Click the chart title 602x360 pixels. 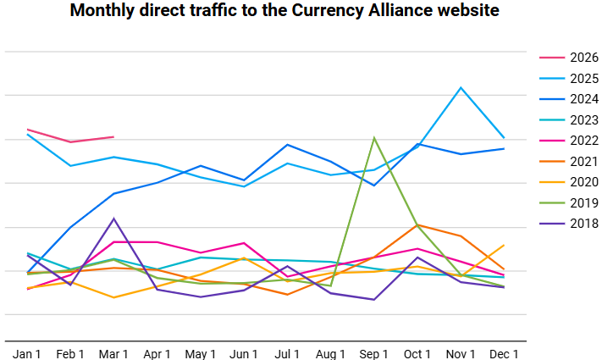pyautogui.click(x=284, y=12)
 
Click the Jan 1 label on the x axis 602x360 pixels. pyautogui.click(x=27, y=352)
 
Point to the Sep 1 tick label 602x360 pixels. pyautogui.click(x=374, y=352)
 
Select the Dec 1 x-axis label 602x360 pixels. pyautogui.click(x=504, y=352)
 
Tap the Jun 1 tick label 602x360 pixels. pyautogui.click(x=244, y=352)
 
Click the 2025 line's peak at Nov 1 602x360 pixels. pyautogui.click(x=461, y=87)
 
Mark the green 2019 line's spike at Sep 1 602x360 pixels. pyautogui.click(x=374, y=137)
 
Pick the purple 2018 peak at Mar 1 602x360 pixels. pyautogui.click(x=113, y=219)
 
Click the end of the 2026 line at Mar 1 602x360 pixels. pyautogui.click(x=113, y=136)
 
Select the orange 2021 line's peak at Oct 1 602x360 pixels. pyautogui.click(x=417, y=224)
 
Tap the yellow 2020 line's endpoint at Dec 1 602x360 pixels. pyautogui.click(x=504, y=246)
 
